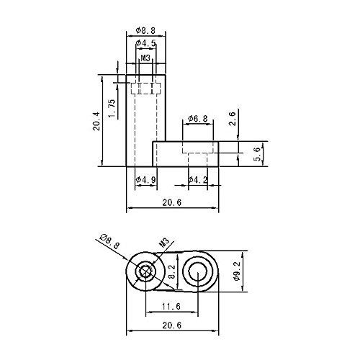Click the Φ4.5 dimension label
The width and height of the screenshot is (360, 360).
pos(145,43)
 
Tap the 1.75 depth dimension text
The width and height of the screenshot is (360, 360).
pos(112,109)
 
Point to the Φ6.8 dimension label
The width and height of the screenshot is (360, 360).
pos(198,119)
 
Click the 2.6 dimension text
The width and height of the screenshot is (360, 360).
pos(233,119)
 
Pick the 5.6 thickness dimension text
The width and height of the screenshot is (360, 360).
pos(256,154)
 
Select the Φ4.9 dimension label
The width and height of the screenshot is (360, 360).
pos(145,179)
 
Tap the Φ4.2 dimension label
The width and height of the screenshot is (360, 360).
pos(198,179)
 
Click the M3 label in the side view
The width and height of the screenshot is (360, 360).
pos(145,58)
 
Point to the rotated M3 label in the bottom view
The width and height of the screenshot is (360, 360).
pos(165,243)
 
